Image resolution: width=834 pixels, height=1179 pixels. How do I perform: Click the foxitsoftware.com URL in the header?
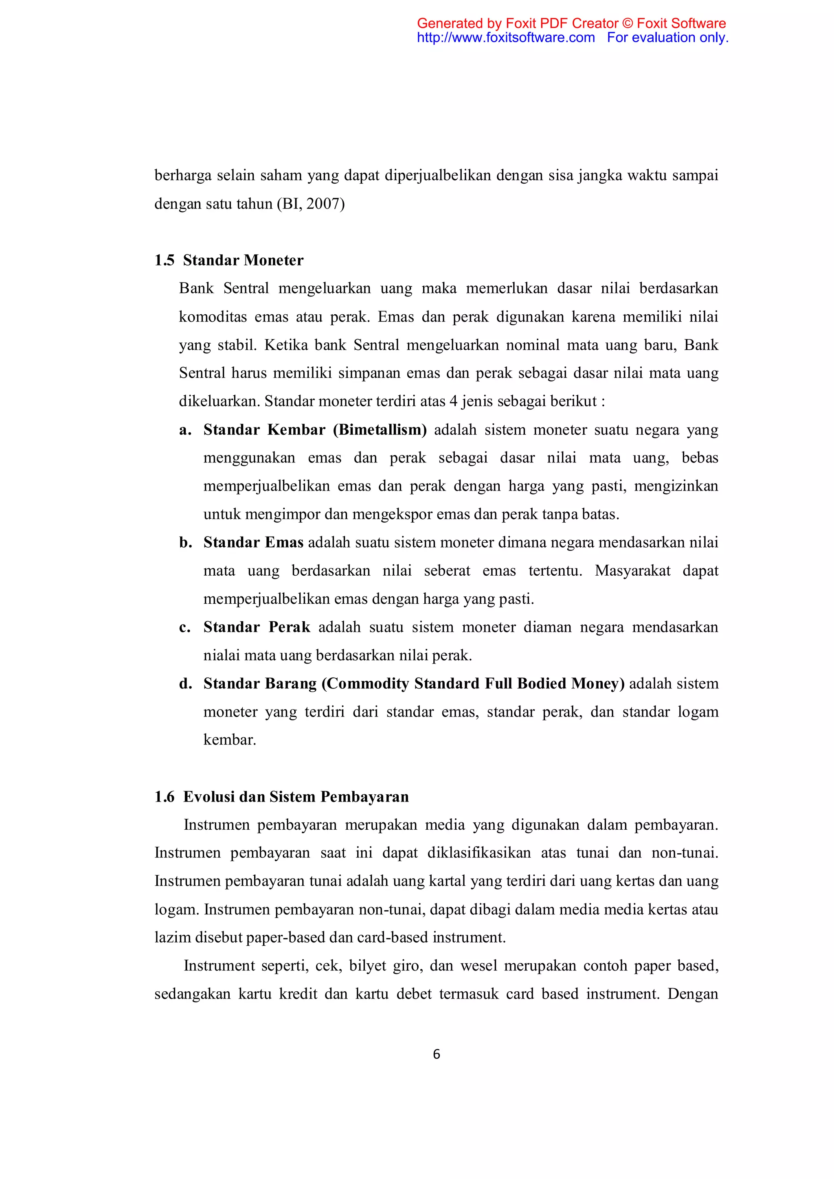tap(505, 37)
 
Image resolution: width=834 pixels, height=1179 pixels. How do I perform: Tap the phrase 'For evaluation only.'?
tap(667, 37)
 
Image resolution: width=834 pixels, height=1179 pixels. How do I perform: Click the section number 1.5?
tap(165, 260)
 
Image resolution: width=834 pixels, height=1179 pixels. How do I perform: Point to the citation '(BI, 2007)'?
tap(311, 204)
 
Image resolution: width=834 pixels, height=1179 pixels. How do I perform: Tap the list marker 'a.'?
tap(185, 430)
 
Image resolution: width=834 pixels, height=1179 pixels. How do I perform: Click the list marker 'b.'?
tap(185, 543)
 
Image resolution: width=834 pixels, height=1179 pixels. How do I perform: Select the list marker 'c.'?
tap(185, 627)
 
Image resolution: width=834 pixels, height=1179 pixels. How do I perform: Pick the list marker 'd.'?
tap(185, 684)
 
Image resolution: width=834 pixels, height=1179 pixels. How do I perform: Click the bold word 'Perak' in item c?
tap(289, 627)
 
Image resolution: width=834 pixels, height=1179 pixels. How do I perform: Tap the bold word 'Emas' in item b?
tap(284, 542)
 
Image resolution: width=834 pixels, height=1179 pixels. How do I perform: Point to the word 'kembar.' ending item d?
tap(230, 740)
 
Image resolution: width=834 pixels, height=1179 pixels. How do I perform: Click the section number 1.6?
tap(165, 797)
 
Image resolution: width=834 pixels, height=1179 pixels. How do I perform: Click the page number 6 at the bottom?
tap(437, 1054)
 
